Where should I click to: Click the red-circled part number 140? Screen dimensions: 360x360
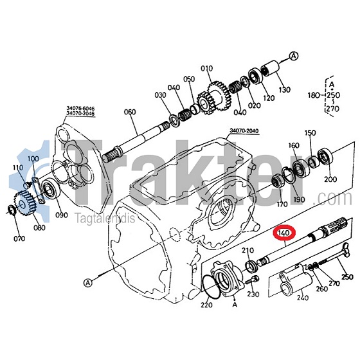coord(284,233)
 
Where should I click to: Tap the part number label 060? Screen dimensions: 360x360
coord(130,112)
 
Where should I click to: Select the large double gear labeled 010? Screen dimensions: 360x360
coord(213,98)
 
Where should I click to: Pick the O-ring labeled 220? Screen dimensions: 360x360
coord(212,287)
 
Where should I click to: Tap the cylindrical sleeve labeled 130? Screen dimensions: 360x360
coord(270,67)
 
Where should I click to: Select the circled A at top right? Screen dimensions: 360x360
coord(294,56)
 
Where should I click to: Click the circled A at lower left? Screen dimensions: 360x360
coord(87,283)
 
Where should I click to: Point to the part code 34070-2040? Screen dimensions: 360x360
coord(244,131)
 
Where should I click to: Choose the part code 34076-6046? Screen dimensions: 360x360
coord(80,108)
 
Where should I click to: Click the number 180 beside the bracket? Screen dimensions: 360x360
coord(314,95)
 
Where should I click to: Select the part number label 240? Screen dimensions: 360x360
coord(302,298)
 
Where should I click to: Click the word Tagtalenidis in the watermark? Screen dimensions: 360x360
coord(105,219)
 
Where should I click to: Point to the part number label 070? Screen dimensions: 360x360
coord(19,239)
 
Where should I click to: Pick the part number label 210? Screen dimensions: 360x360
coord(248,250)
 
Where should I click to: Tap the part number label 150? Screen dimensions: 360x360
coord(310,133)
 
